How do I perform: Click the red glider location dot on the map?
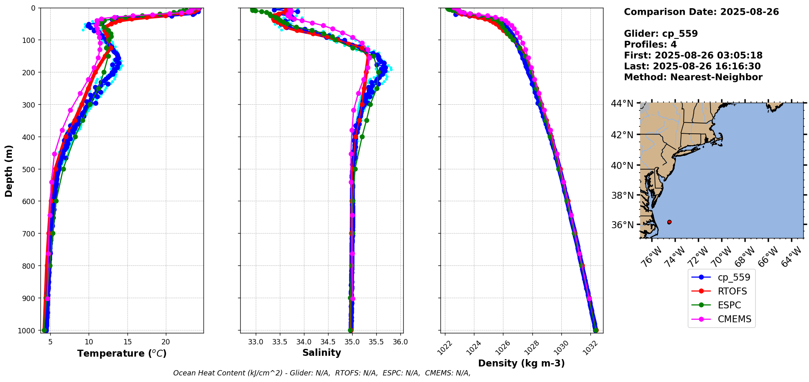coord(669,222)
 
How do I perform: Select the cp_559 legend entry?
coord(733,277)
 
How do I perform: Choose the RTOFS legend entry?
coord(732,291)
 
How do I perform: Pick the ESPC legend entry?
coord(729,305)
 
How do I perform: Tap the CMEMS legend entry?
coord(734,319)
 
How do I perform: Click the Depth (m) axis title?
coord(9,171)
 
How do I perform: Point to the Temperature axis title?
coord(122,353)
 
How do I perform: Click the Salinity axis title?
coord(322,353)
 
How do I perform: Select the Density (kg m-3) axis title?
coord(521,363)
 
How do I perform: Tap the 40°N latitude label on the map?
coord(622,165)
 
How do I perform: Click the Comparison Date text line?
coord(701,12)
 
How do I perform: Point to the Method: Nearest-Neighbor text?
coord(693,77)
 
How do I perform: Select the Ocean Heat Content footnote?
coord(322,373)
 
